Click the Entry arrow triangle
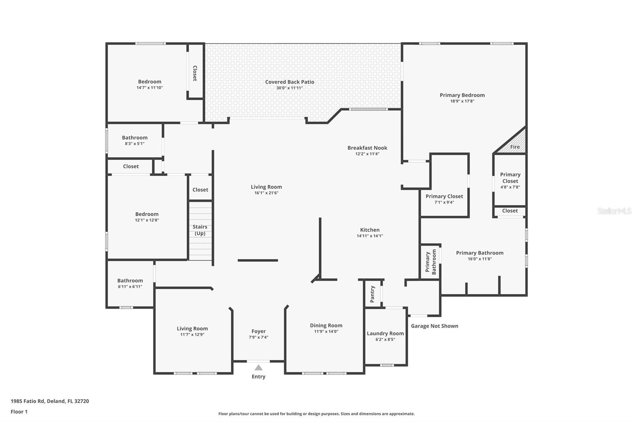click(x=258, y=368)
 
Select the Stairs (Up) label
click(x=200, y=230)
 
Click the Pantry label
click(x=372, y=294)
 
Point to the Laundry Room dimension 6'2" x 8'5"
click(x=385, y=339)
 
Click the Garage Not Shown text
click(x=434, y=326)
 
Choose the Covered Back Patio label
click(x=290, y=82)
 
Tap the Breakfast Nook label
click(x=367, y=148)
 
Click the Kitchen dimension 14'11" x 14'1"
click(x=370, y=236)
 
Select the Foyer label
click(x=258, y=331)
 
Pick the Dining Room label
click(x=326, y=325)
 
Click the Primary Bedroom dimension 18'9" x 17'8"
click(x=462, y=101)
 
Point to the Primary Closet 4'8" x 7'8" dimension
click(x=510, y=187)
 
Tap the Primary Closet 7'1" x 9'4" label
click(x=444, y=196)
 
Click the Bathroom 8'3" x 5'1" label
click(x=135, y=138)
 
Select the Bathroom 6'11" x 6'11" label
click(x=130, y=281)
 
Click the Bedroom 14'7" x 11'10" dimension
click(x=150, y=87)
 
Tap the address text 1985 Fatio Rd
click(x=50, y=401)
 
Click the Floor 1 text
click(x=19, y=412)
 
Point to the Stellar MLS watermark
click(x=614, y=211)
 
